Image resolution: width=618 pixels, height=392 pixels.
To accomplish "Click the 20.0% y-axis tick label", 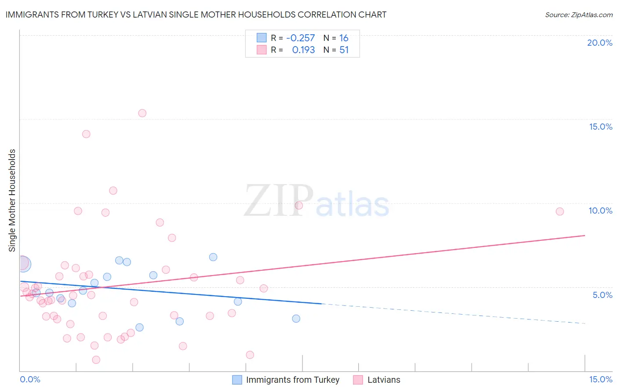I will pyautogui.click(x=600, y=43).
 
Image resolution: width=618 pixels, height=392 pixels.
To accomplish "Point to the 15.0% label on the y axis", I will pyautogui.click(x=600, y=127).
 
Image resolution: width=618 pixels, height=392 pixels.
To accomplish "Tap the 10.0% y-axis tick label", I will pyautogui.click(x=600, y=211).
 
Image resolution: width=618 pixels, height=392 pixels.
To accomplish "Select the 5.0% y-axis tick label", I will pyautogui.click(x=602, y=295).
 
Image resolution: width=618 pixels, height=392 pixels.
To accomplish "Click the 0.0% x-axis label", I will pyautogui.click(x=30, y=379).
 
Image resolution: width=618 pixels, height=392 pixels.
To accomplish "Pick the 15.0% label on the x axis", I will pyautogui.click(x=600, y=379).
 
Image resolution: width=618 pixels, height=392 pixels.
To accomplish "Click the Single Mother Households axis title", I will pyautogui.click(x=12, y=200).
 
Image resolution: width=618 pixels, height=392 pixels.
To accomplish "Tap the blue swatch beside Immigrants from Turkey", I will pyautogui.click(x=237, y=380).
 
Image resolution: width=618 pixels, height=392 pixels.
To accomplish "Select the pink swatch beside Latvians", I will pyautogui.click(x=358, y=380).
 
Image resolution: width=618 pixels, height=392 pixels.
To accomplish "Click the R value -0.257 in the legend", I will pyautogui.click(x=300, y=38).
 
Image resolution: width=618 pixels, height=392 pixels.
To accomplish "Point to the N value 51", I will pyautogui.click(x=344, y=50).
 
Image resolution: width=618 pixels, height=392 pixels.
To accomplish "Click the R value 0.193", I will pyautogui.click(x=303, y=50).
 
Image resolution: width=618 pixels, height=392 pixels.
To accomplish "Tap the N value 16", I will pyautogui.click(x=344, y=38).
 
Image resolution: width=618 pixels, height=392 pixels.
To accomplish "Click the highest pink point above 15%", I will pyautogui.click(x=142, y=113).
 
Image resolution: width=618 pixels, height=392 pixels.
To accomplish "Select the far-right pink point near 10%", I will pyautogui.click(x=560, y=211).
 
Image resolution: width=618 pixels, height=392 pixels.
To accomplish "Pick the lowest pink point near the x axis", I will pyautogui.click(x=96, y=359).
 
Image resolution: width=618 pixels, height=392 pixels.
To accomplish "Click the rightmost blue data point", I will pyautogui.click(x=296, y=319).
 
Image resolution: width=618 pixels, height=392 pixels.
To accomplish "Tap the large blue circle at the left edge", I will pyautogui.click(x=23, y=264).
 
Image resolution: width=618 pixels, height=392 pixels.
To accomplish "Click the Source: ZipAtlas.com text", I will pyautogui.click(x=578, y=15).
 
